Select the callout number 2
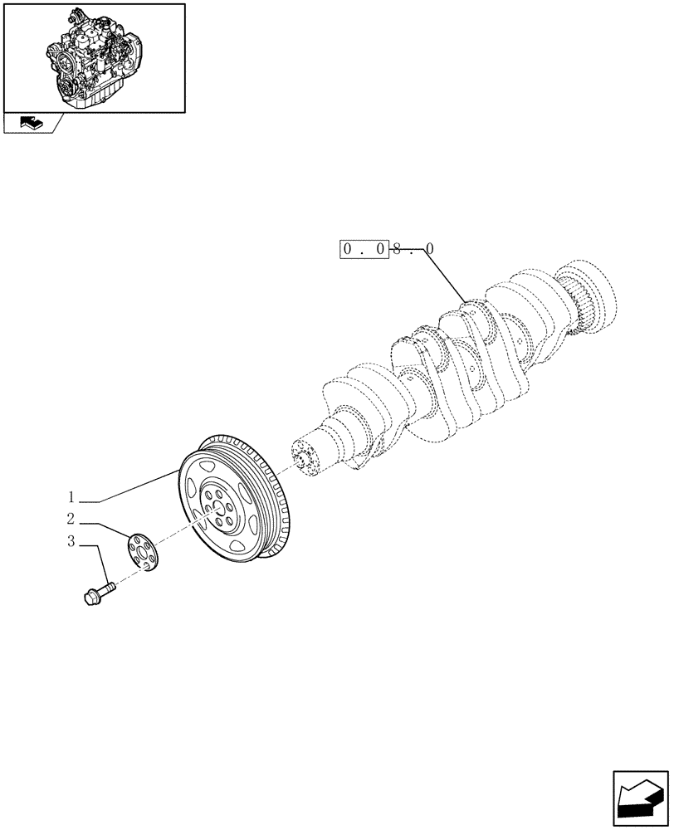coord(71,520)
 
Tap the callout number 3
coord(71,543)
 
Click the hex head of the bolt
coord(91,596)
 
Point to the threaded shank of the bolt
coord(109,588)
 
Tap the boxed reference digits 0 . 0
coord(364,249)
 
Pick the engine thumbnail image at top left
coord(94,56)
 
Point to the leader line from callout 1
coord(133,486)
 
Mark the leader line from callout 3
coord(102,563)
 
